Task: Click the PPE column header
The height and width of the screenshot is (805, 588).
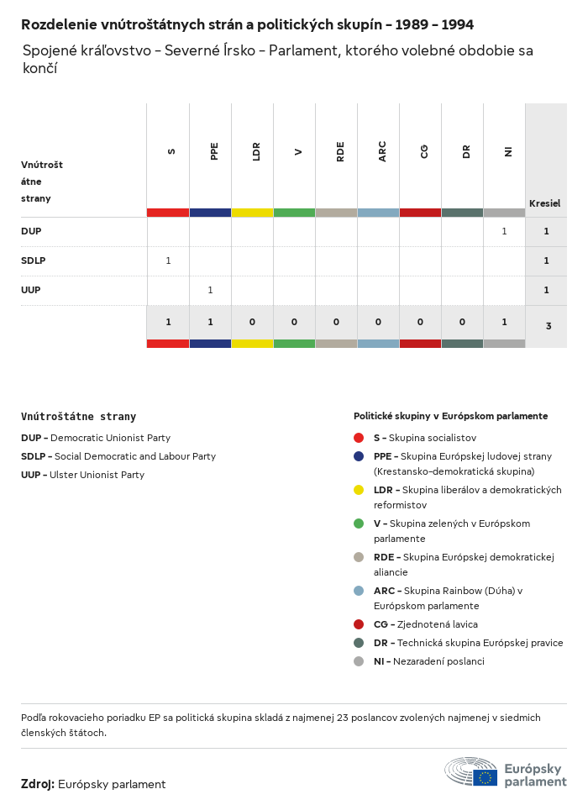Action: coord(214,151)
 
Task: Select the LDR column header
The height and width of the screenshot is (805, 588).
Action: coord(256,151)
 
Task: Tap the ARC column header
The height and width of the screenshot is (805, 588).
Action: coord(382,151)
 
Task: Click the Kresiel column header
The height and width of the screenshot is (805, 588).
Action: coord(544,203)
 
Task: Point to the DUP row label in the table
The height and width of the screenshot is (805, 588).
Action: coord(31,231)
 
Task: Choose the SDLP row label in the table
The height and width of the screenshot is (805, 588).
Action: coord(34,260)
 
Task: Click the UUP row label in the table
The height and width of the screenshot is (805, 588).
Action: coord(31,290)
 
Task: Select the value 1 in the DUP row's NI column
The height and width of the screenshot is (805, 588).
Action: coord(504,231)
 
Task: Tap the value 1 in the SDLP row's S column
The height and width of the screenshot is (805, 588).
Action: coord(168,260)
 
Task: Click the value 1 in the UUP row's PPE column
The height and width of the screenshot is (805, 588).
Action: coord(210,290)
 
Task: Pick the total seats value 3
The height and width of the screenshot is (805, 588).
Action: coord(548,325)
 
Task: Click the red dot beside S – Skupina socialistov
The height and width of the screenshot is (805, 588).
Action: coord(359,438)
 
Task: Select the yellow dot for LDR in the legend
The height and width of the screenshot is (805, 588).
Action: coord(359,490)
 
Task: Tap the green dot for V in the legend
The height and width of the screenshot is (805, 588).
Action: coord(359,524)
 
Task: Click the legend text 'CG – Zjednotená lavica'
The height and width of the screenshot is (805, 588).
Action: coord(426,624)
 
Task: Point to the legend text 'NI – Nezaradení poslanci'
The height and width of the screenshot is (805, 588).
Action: coord(428,661)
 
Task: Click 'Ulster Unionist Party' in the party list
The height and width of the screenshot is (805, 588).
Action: coord(97,475)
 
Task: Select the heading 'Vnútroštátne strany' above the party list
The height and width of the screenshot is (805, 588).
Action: coord(78,417)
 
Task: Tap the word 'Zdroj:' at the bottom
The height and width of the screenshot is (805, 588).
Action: coord(38,784)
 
